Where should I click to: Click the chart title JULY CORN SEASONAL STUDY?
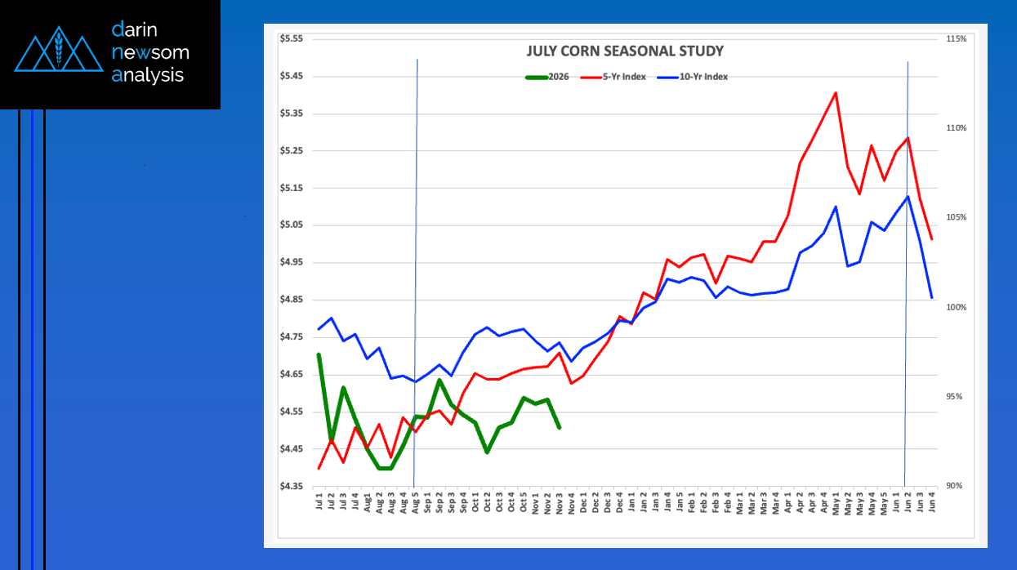click(x=624, y=51)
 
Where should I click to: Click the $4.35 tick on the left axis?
click(x=291, y=487)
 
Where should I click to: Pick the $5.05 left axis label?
click(x=291, y=225)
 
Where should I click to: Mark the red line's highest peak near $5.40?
click(x=835, y=92)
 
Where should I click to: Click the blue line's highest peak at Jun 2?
click(x=908, y=196)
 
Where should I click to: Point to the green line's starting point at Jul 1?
click(x=319, y=354)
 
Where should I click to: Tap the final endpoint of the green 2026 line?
click(x=559, y=427)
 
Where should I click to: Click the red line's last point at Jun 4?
click(x=932, y=239)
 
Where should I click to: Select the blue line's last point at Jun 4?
click(x=932, y=297)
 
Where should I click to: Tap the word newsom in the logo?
click(x=149, y=53)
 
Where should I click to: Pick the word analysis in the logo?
click(x=148, y=76)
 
